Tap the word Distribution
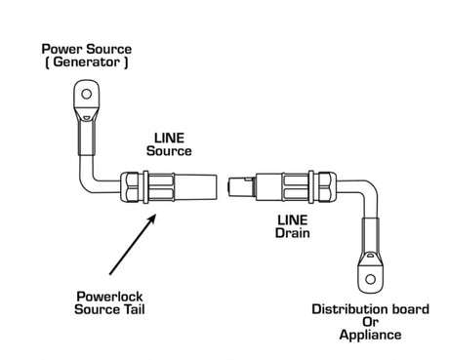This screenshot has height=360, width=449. [343, 309]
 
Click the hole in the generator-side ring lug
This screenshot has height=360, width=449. [86, 95]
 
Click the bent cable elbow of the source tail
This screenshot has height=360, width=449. [93, 177]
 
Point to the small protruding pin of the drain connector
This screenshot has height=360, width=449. [232, 183]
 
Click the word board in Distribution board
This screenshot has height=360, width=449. [403, 309]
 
